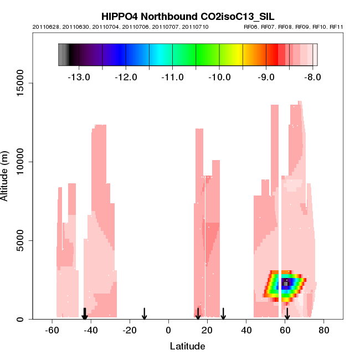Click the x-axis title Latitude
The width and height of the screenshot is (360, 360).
click(187, 346)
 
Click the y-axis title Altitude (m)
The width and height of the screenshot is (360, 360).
click(5, 175)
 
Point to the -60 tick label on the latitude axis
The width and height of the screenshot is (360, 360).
click(52, 331)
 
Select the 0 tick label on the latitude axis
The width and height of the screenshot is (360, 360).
click(168, 331)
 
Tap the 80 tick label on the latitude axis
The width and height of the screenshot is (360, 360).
click(323, 331)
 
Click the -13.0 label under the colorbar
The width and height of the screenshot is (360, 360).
click(79, 77)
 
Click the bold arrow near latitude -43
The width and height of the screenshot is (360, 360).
click(85, 314)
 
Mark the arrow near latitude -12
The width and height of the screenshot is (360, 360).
click(145, 314)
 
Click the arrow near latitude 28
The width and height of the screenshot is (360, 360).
click(223, 314)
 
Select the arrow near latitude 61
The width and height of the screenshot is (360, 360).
click(287, 314)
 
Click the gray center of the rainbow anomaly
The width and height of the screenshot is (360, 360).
click(286, 283)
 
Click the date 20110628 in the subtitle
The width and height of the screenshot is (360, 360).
click(44, 27)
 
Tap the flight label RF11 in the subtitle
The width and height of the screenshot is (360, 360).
click(337, 27)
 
